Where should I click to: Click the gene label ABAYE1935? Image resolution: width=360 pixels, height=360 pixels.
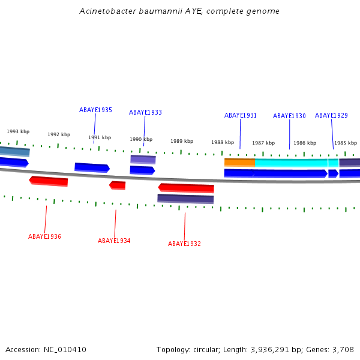(95, 110)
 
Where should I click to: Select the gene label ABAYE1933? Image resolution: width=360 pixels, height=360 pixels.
(145, 112)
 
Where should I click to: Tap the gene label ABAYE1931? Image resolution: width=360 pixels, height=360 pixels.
(241, 115)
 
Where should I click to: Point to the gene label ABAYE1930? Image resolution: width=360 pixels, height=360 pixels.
(289, 116)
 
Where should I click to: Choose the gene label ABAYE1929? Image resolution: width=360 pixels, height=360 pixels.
(331, 115)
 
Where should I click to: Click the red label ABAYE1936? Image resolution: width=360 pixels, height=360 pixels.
(44, 236)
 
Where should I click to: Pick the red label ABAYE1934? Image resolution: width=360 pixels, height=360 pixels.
(114, 241)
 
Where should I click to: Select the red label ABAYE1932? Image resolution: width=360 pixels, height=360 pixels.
(184, 244)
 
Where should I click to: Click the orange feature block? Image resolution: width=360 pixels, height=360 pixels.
(239, 162)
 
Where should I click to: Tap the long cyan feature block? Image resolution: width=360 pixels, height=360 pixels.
(291, 163)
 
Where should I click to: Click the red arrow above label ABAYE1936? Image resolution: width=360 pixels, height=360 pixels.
(49, 181)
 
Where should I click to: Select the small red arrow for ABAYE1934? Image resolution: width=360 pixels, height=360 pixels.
(118, 185)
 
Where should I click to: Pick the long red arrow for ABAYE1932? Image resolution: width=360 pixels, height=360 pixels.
(186, 188)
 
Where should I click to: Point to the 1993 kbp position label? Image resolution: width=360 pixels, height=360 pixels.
(18, 131)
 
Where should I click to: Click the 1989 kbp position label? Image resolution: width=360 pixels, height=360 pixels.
(182, 141)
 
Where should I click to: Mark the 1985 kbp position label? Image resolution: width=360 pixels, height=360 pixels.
(346, 143)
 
